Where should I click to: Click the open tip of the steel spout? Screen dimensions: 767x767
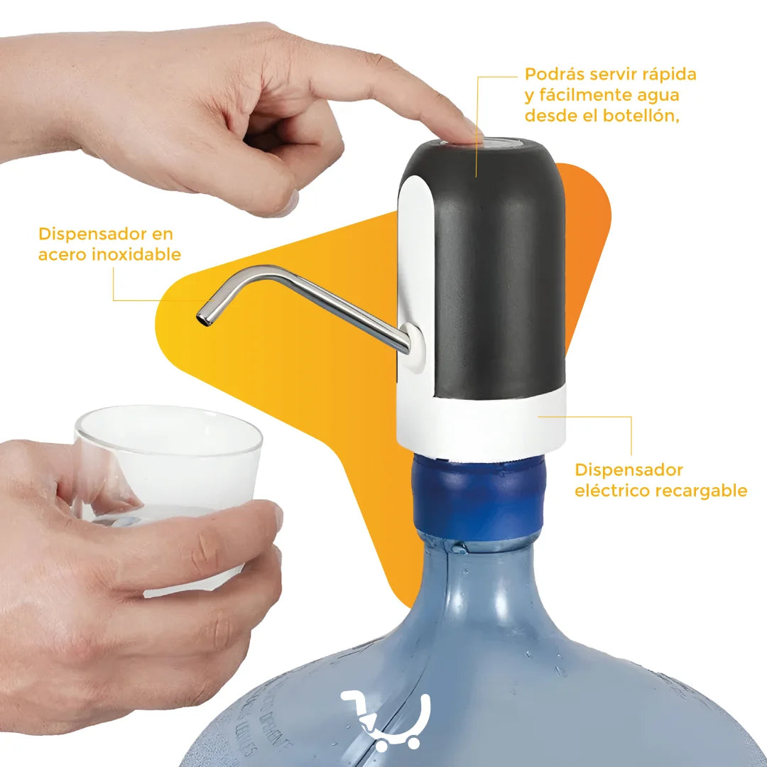[202, 318]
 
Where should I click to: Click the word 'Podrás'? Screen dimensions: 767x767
[554, 75]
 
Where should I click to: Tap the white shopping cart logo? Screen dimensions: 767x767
[386, 719]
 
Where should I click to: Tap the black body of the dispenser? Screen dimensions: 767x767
[499, 274]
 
